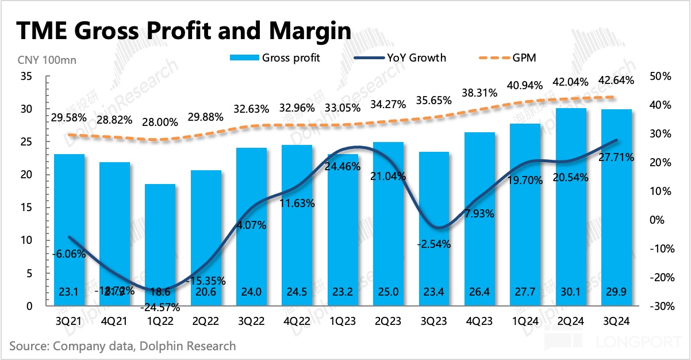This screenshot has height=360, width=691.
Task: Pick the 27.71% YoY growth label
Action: point(617,156)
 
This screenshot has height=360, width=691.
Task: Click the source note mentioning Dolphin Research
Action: point(122,346)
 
